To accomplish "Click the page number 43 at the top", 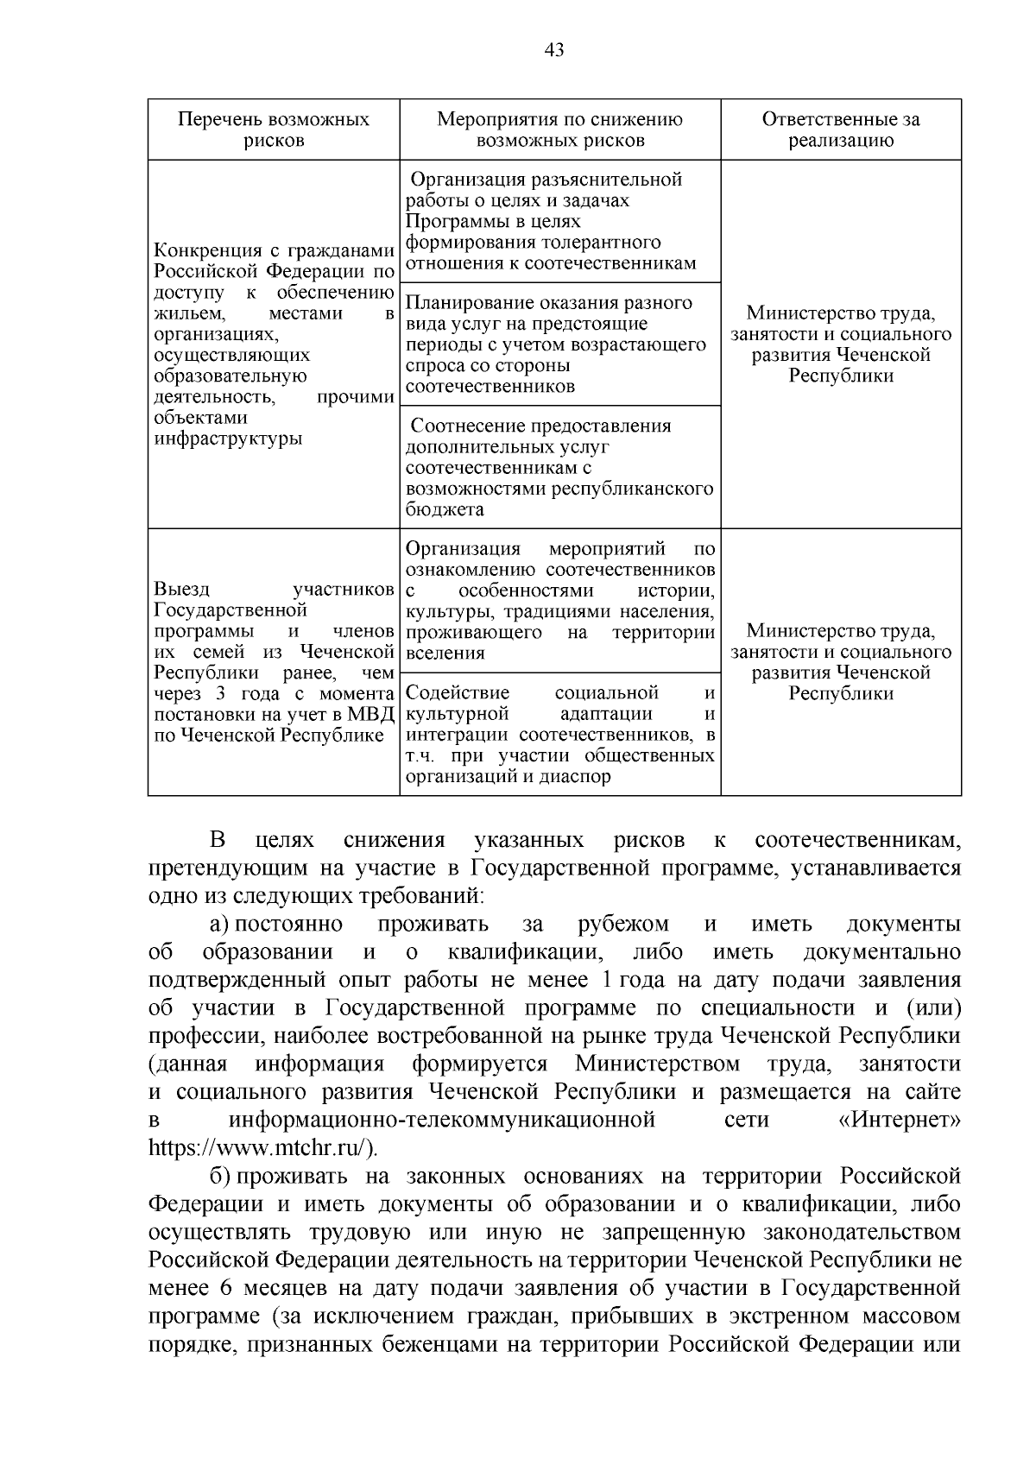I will pos(554,51).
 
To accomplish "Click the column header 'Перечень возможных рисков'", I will pos(273,129).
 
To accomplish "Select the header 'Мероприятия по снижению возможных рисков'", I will pos(559,129).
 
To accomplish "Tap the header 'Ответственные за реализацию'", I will pos(840,129).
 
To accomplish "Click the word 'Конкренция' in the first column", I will pos(201,251).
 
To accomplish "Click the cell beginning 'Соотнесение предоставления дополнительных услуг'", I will pos(559,467).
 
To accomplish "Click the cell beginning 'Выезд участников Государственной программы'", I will pos(273,662).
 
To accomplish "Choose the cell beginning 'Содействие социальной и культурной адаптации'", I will pos(559,735).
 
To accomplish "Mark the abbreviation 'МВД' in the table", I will pos(373,715).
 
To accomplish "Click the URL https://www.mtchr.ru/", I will pos(262,1148).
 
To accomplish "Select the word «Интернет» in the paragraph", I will pos(899,1121).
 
